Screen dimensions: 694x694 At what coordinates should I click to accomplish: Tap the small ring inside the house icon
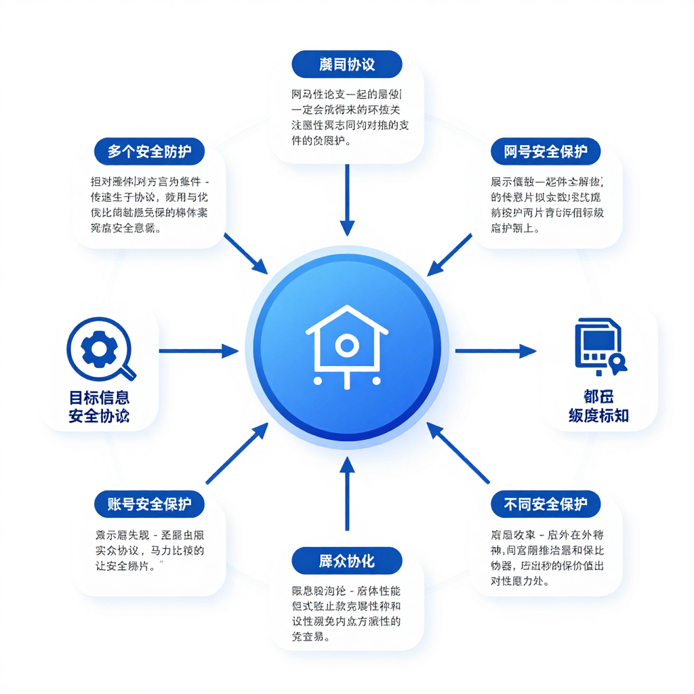346,346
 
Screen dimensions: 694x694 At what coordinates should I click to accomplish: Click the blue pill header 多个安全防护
149,152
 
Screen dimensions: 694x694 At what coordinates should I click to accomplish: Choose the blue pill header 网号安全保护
546,152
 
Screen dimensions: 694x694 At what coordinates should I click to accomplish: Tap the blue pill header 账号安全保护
149,504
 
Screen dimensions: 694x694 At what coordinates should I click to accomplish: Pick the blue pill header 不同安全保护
546,504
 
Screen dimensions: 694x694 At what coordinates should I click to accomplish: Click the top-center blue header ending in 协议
346,64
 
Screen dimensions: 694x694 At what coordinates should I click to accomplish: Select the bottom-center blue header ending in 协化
346,561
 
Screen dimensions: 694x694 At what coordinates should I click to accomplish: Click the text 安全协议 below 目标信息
99,416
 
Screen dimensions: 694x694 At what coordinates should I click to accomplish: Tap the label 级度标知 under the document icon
598,416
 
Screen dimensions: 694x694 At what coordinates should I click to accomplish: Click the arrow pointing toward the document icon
495,351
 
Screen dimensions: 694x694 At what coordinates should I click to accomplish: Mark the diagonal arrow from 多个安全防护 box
245,253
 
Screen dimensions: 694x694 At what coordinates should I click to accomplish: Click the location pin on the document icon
617,365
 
